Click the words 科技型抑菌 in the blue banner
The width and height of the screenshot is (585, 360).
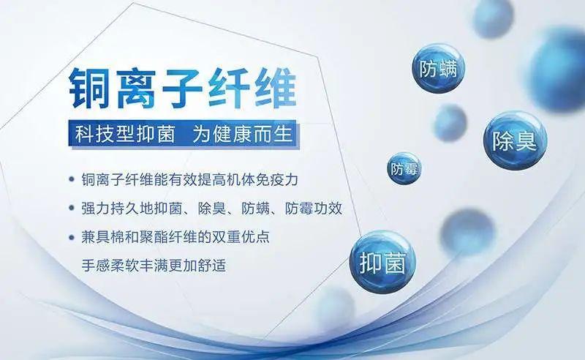(121, 135)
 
